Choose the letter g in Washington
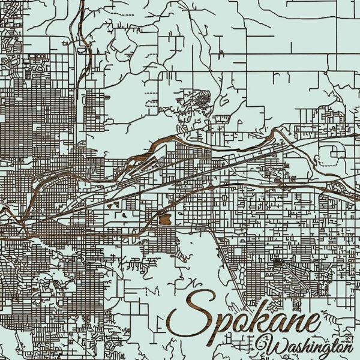click(x=325, y=350)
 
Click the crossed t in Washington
click(x=334, y=344)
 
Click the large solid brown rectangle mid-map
click(x=164, y=220)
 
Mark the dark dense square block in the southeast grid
click(x=277, y=262)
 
